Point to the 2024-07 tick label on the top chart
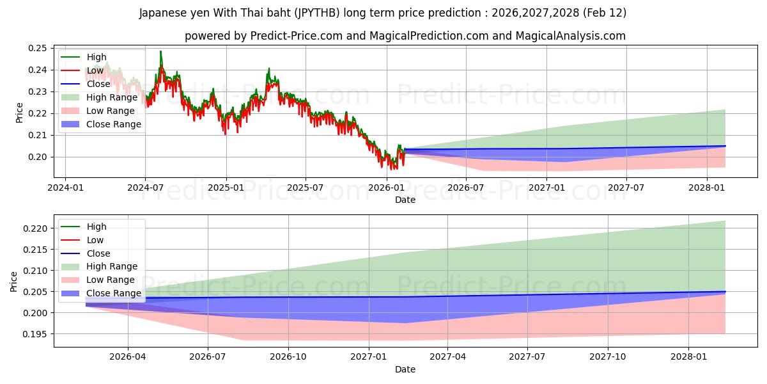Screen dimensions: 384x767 (145, 188)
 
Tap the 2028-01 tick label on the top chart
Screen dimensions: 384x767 (707, 188)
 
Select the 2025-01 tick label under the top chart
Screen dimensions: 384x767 (226, 188)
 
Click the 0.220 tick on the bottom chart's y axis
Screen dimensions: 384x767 (35, 228)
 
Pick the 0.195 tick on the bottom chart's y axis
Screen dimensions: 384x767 (35, 334)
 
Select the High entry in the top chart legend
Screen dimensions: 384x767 (97, 57)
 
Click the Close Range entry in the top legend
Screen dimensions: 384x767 (114, 124)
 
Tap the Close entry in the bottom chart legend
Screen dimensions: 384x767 (98, 253)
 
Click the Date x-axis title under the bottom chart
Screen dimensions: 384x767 (405, 369)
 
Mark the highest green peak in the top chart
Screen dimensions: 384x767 (160, 51)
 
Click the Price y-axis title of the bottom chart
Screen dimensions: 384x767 (13, 281)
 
